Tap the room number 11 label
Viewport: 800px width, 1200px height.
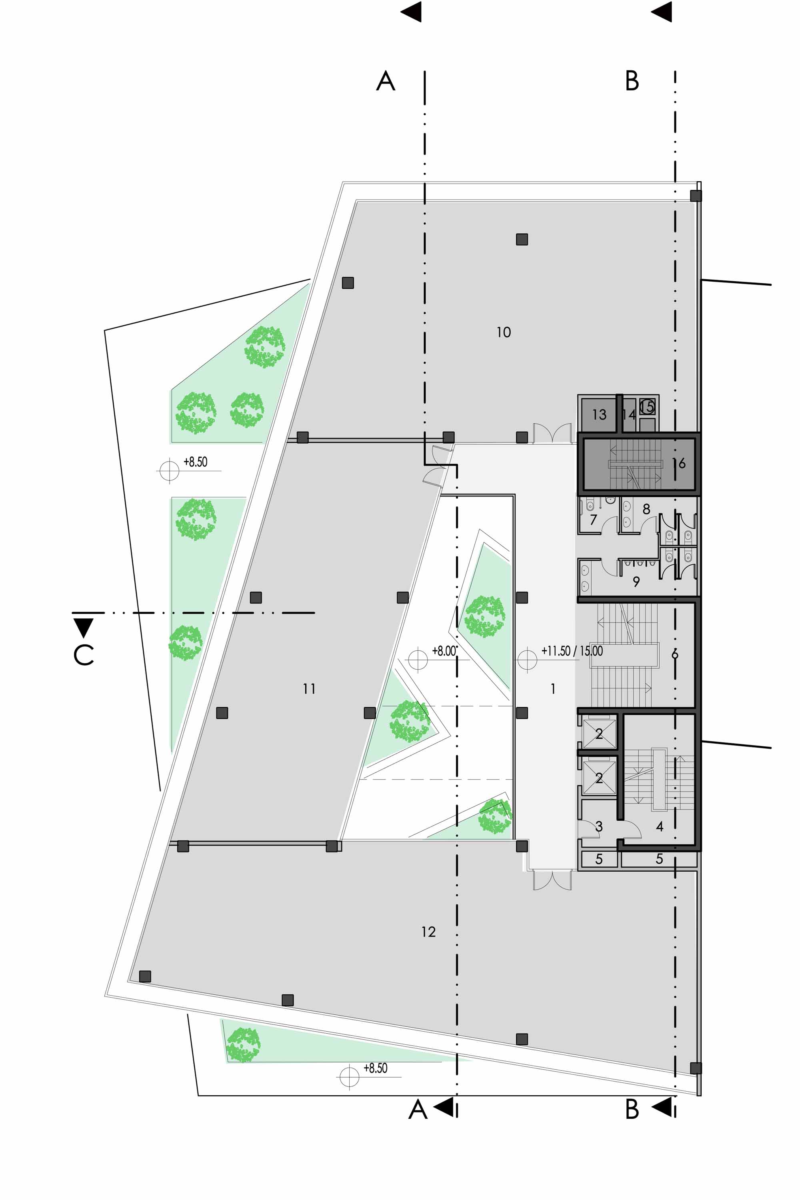[x=309, y=689]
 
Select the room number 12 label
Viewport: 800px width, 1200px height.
[x=428, y=932]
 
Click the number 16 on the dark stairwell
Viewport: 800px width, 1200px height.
[x=679, y=463]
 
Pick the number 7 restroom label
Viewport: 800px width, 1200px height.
[x=593, y=520]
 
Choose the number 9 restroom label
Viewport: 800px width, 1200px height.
[x=636, y=582]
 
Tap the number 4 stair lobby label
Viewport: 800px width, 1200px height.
[x=660, y=826]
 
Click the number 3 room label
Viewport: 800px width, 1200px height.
[x=599, y=826]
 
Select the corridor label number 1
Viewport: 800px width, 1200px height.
[x=553, y=689]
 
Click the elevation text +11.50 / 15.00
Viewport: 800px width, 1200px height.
[x=572, y=651]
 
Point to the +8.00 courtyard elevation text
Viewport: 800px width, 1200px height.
[x=444, y=651]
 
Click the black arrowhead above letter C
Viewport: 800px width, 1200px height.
[x=83, y=628]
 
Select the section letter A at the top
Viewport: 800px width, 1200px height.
[x=386, y=81]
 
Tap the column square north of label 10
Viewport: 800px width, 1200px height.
[x=522, y=239]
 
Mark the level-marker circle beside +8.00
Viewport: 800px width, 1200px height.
[x=418, y=660]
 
